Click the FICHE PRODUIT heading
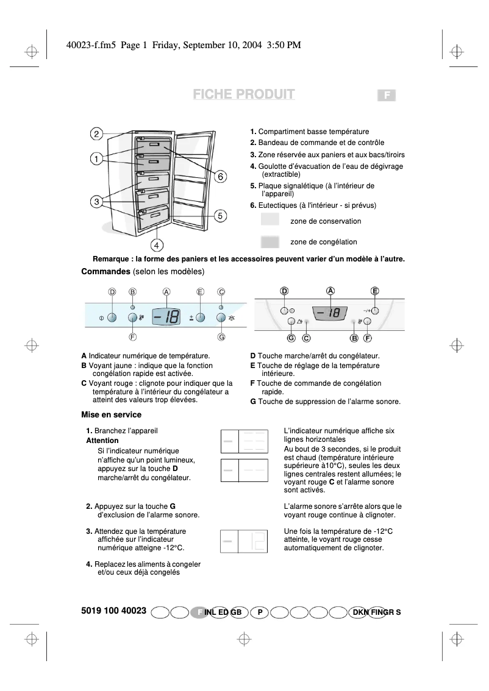point(244,94)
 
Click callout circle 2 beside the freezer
point(96,134)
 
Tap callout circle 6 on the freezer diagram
point(221,176)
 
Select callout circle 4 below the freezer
point(157,246)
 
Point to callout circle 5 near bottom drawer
point(221,215)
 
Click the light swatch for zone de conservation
point(269,221)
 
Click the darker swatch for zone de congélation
point(269,241)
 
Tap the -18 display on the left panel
point(166,317)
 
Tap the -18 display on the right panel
point(330,313)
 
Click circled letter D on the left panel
point(112,292)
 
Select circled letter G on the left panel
point(221,336)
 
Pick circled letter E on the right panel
point(375,291)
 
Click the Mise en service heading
point(111,414)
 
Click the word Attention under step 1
point(102,440)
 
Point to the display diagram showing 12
point(244,541)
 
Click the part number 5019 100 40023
point(113,610)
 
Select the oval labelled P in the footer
point(260,612)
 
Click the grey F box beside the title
point(387,95)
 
